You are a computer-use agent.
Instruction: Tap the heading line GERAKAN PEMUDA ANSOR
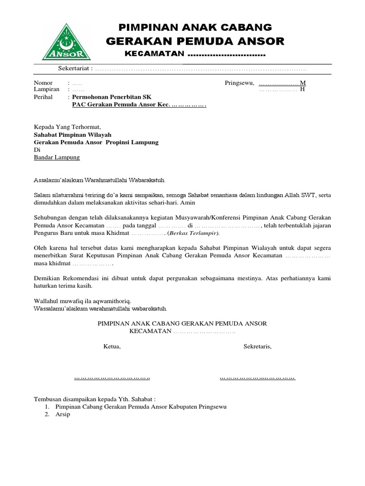coord(195,41)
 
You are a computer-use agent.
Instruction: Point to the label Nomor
coord(43,83)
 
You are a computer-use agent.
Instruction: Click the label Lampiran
coord(46,89)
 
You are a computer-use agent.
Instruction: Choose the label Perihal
coord(44,96)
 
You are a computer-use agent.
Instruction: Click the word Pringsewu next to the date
coord(239,83)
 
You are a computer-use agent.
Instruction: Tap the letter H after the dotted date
coord(302,89)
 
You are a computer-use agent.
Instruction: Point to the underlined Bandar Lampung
coord(57,158)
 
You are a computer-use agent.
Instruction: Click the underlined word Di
coord(38,150)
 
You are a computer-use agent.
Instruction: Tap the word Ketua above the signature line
coord(112,346)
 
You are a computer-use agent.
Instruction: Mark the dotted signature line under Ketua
coord(112,378)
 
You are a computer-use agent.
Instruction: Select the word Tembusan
coord(49,399)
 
